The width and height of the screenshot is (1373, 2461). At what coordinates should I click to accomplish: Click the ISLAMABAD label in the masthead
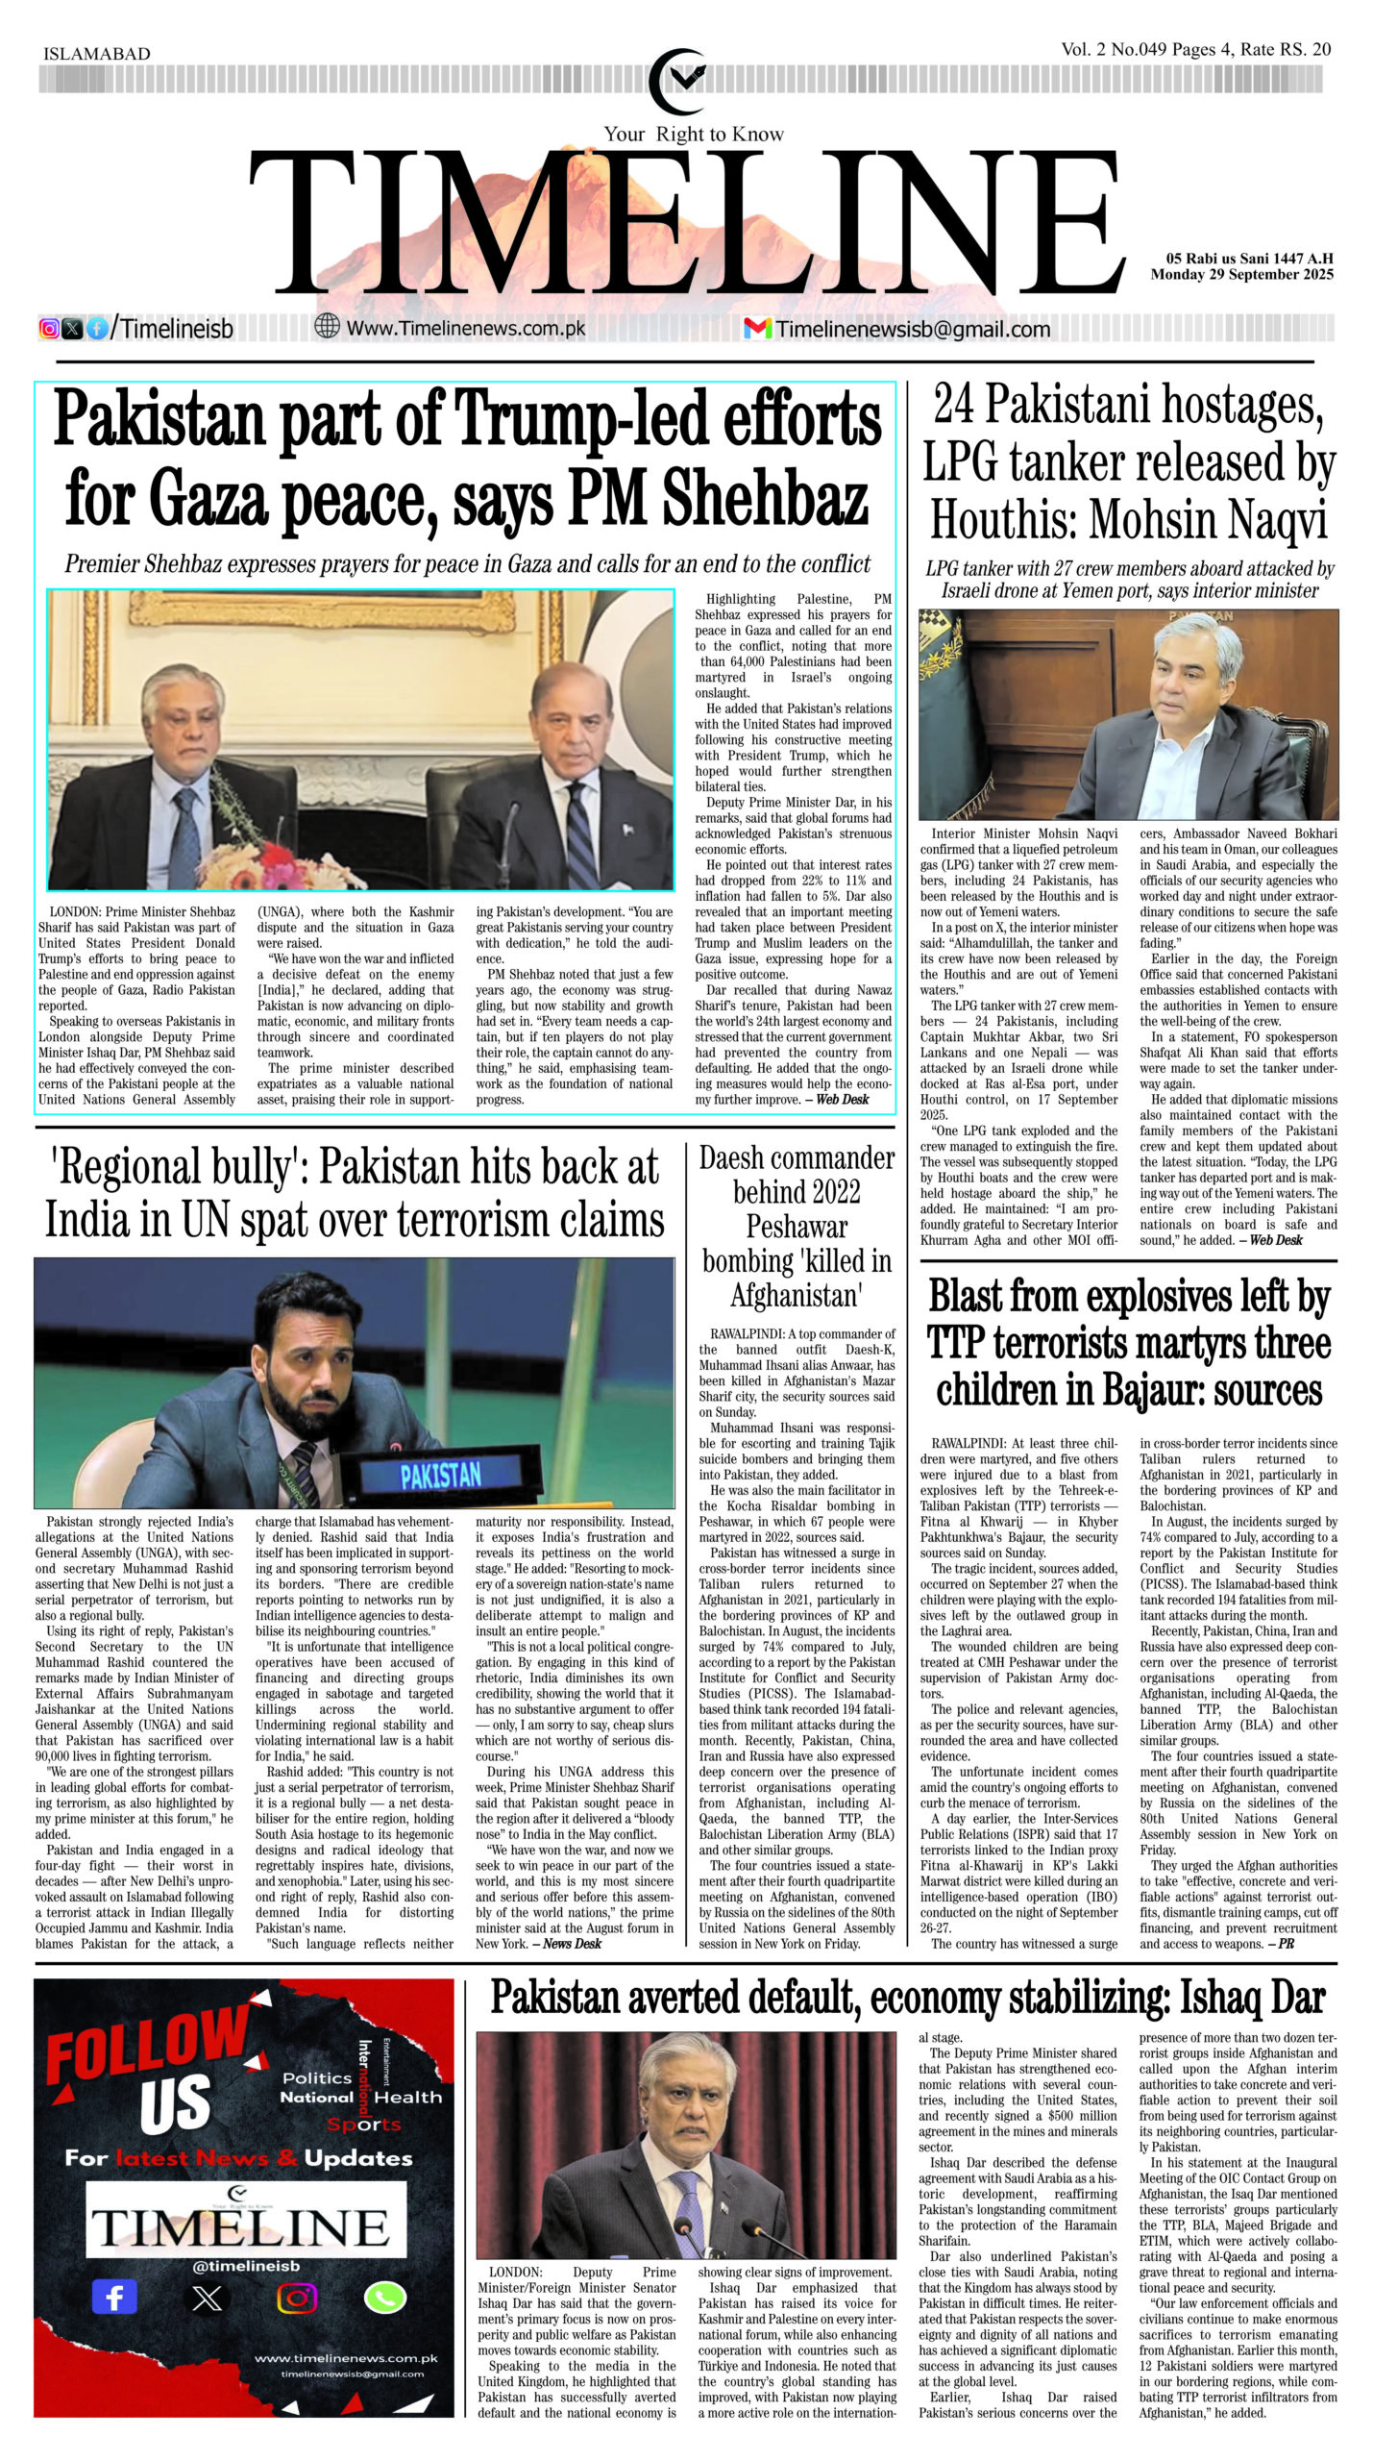click(x=97, y=54)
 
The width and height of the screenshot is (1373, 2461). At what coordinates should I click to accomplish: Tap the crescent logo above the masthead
click(x=680, y=80)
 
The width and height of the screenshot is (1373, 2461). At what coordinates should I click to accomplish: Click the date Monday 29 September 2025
click(x=1241, y=275)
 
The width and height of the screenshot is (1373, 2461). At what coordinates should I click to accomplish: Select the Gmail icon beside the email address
click(x=757, y=329)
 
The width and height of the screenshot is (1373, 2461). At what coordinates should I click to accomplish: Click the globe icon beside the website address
click(x=327, y=327)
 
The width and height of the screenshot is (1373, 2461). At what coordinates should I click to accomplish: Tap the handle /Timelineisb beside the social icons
click(x=172, y=329)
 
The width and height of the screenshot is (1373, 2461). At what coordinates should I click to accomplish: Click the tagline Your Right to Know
click(x=693, y=135)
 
